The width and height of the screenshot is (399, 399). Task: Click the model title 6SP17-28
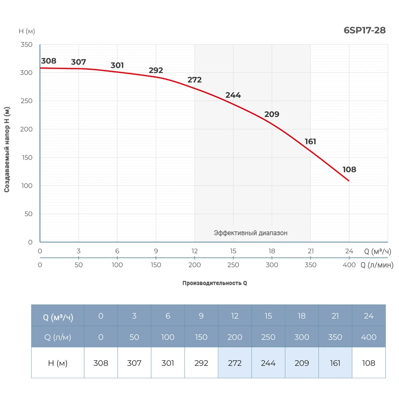point(364,30)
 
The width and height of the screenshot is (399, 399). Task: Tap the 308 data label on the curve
point(49,61)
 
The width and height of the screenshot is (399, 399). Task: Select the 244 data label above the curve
point(233,95)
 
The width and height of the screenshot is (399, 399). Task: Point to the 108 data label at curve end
point(349,170)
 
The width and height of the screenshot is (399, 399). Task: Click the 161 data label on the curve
point(310,142)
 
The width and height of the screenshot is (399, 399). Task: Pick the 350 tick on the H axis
point(26,44)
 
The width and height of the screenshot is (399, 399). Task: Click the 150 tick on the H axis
point(26,158)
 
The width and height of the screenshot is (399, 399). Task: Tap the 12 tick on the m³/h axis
point(194,251)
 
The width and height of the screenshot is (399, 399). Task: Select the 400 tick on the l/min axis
point(349,265)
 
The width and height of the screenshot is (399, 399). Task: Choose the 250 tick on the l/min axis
point(233,265)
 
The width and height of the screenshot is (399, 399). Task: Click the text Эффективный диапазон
point(251,233)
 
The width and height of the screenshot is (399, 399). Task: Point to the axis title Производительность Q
point(215,283)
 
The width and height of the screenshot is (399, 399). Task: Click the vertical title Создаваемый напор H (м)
point(7,149)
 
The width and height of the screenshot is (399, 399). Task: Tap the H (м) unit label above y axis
point(27,31)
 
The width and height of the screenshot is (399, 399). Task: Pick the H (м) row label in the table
point(58,363)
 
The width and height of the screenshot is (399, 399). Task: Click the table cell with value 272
point(235,363)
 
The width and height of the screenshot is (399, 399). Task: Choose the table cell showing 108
point(369,363)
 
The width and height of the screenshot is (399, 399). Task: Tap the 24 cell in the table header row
point(369,316)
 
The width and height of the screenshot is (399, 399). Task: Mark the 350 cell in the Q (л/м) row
point(335,337)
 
